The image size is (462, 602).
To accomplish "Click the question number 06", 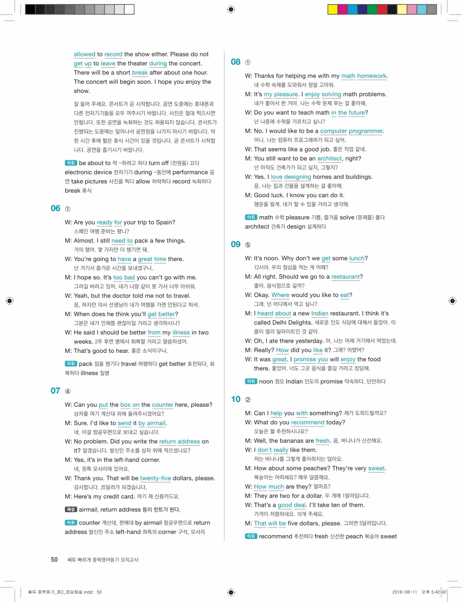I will pyautogui.click(x=55, y=208).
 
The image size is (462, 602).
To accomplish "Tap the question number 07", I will pyautogui.click(x=55, y=391).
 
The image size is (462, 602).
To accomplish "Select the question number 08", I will pyautogui.click(x=236, y=62).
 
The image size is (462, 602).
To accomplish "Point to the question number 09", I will pyautogui.click(x=236, y=244).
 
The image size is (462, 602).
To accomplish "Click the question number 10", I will pyautogui.click(x=236, y=399).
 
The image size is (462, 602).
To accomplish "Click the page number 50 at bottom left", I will pyautogui.click(x=54, y=559).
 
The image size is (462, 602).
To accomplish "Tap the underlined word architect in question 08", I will pyautogui.click(x=329, y=159).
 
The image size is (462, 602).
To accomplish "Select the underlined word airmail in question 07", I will pyautogui.click(x=156, y=423).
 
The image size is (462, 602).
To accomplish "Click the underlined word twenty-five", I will pyautogui.click(x=156, y=478).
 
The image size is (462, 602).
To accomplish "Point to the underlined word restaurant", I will pyautogui.click(x=345, y=277).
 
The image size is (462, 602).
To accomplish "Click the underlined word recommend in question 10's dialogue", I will pyautogui.click(x=307, y=422).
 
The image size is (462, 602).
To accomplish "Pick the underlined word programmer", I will pyautogui.click(x=366, y=131).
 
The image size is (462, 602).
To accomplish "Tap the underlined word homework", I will pyautogui.click(x=372, y=76).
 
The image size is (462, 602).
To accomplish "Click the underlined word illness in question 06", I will pyautogui.click(x=181, y=332).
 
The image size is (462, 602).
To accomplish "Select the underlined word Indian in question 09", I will pyautogui.click(x=320, y=313).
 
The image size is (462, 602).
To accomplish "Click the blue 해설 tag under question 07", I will pyautogui.click(x=71, y=509).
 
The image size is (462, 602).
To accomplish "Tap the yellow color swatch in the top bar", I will pyautogui.click(x=332, y=9).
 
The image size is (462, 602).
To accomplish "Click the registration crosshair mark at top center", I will pyautogui.click(x=231, y=9).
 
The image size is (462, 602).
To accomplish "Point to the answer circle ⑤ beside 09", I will pyautogui.click(x=248, y=245).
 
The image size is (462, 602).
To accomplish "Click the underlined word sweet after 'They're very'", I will pyautogui.click(x=376, y=468).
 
